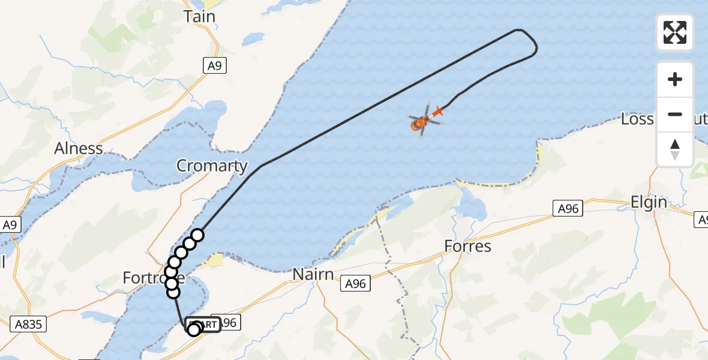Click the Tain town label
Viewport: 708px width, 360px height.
point(200,17)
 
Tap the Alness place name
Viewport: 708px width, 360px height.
point(79,148)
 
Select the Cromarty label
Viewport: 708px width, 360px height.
point(212,166)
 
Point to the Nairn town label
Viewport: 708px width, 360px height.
point(313,274)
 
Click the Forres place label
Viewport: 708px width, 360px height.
point(468,246)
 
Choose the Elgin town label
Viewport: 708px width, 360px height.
point(649,202)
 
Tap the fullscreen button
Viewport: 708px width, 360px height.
point(675,32)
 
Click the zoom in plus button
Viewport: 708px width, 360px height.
point(675,79)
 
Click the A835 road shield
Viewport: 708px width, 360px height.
point(29,325)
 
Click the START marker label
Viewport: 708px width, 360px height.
point(203,325)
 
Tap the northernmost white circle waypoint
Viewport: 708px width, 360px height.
point(197,235)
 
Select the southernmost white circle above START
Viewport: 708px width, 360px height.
point(173,292)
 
